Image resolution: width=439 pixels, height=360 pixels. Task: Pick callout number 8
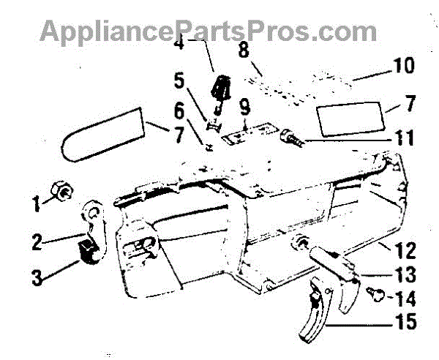pos(244,52)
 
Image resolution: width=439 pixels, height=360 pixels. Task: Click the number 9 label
pos(244,106)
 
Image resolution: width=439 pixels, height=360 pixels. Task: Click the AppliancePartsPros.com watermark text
pos(209,31)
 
